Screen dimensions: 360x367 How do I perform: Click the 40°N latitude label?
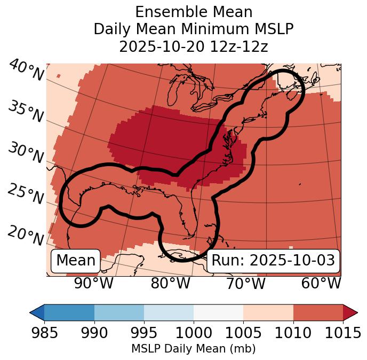[26, 71]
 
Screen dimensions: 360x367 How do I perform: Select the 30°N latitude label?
[26, 153]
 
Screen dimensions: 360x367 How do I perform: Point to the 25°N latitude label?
[26, 194]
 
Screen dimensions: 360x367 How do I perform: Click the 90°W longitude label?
[93, 284]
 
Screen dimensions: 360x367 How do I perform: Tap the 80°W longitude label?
[170, 284]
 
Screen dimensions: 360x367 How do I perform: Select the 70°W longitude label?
[245, 284]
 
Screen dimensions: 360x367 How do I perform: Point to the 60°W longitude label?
[321, 284]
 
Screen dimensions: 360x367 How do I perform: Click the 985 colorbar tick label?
[44, 333]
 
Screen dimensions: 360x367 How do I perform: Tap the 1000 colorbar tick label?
[194, 333]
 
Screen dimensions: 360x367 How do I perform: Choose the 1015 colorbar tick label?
[342, 333]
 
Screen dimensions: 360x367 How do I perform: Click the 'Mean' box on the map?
[76, 261]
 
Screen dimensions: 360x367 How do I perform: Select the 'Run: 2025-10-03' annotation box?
[273, 261]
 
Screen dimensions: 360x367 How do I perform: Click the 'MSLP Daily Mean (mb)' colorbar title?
[194, 349]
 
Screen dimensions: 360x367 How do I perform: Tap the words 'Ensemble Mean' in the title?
[194, 12]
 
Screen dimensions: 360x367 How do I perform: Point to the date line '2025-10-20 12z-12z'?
[194, 46]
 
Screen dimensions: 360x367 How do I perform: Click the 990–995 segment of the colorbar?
[119, 312]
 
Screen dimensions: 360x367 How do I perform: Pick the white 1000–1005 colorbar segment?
[218, 312]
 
